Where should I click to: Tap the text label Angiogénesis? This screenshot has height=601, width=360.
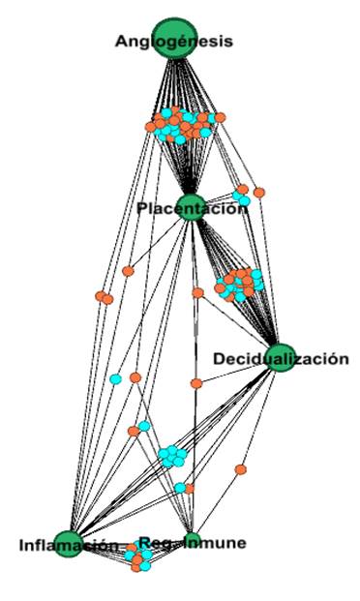click(173, 41)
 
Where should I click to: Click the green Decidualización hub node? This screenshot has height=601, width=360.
click(280, 357)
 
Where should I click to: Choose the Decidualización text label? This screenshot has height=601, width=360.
click(280, 359)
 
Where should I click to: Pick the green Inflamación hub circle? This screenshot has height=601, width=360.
click(68, 543)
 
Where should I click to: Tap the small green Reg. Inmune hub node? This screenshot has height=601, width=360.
click(192, 540)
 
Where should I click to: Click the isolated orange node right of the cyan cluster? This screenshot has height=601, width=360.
click(241, 469)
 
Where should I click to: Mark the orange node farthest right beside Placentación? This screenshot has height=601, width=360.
click(259, 193)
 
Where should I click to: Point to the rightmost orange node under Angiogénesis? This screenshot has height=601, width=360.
click(221, 117)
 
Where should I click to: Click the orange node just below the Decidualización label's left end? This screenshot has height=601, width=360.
click(196, 383)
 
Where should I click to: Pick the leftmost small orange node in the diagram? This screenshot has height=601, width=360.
click(100, 296)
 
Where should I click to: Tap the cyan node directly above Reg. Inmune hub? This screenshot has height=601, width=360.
click(180, 487)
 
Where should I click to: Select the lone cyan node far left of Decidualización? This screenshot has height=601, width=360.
click(115, 378)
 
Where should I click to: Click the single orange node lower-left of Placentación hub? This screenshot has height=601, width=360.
click(128, 271)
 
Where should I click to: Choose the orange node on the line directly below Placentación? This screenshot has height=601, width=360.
click(197, 292)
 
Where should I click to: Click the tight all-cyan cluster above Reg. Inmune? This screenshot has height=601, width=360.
click(173, 455)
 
